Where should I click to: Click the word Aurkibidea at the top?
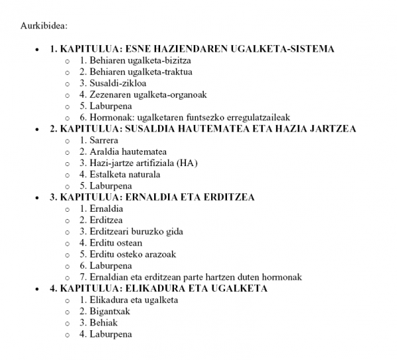point(44,26)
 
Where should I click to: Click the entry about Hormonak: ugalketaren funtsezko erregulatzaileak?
point(190,118)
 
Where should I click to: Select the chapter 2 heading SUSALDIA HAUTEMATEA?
point(202,129)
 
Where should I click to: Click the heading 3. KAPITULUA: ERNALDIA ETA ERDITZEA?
point(152,197)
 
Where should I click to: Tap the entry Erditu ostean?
point(115,243)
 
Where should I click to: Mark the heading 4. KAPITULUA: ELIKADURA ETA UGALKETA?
point(159,289)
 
